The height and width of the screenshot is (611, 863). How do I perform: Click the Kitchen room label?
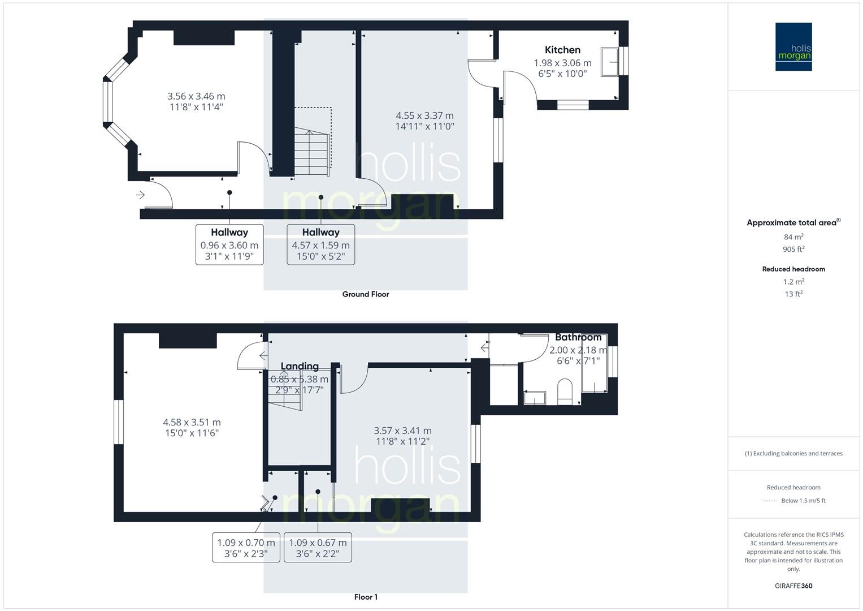(562, 50)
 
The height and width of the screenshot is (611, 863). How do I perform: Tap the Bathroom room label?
(578, 337)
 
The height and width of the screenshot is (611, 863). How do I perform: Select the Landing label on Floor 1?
(300, 366)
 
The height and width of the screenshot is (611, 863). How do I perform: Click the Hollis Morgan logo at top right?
(793, 47)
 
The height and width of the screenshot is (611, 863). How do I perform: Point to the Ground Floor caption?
(366, 294)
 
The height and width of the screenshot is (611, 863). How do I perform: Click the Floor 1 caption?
(366, 597)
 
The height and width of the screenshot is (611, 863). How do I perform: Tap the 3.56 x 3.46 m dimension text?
(196, 97)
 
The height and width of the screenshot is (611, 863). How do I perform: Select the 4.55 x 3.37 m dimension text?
(424, 116)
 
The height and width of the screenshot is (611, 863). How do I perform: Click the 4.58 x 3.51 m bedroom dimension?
(192, 422)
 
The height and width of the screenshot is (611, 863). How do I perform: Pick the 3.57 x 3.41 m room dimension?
(402, 431)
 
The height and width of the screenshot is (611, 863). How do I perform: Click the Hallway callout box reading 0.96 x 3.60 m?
(229, 244)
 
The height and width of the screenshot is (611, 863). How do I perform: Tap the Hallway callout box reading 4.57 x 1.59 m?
(320, 244)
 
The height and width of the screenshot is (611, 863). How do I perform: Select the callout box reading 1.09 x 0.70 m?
(246, 547)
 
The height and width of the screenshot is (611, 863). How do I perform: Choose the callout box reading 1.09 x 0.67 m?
(318, 547)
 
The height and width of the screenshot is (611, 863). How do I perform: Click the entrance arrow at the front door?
(140, 195)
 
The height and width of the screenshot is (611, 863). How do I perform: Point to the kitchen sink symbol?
(610, 62)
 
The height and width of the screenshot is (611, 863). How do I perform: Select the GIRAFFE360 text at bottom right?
(793, 586)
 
